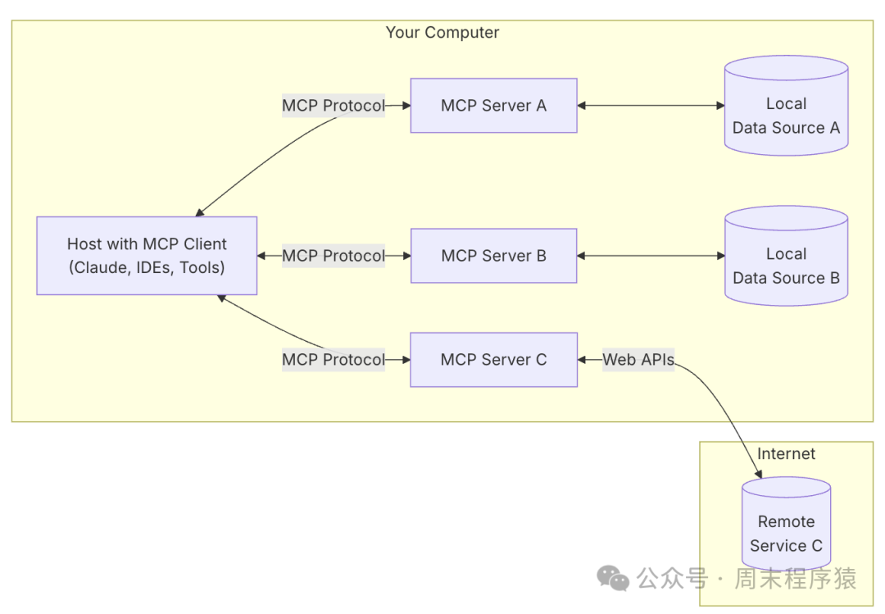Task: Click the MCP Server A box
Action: click(x=494, y=106)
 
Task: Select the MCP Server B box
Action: click(x=494, y=256)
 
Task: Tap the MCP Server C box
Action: click(x=494, y=360)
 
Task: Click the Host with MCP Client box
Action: click(x=147, y=256)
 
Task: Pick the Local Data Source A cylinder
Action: click(x=786, y=106)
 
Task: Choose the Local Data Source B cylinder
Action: click(x=786, y=256)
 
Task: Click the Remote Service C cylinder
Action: click(x=786, y=524)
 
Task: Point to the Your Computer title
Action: click(x=442, y=33)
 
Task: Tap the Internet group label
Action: click(x=786, y=453)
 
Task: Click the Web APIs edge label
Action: click(x=638, y=360)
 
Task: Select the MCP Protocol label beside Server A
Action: click(x=334, y=106)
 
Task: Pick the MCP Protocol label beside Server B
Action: click(x=334, y=256)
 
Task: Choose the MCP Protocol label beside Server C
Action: click(x=334, y=360)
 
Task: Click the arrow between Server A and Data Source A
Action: click(x=651, y=106)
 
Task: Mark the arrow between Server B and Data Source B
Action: click(x=651, y=256)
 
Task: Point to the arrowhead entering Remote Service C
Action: click(x=758, y=473)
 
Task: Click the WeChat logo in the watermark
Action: click(x=613, y=579)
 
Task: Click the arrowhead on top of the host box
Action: click(x=200, y=212)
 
